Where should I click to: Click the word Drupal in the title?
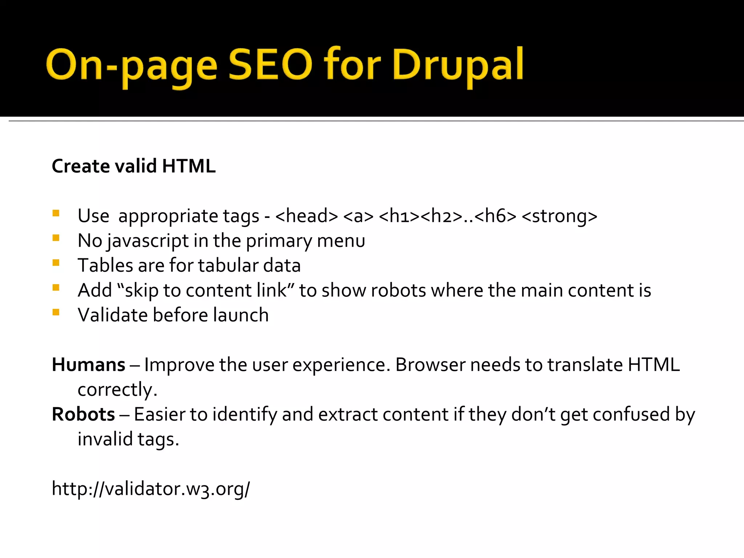(458, 65)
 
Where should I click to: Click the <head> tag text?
(307, 216)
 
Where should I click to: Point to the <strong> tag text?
(559, 216)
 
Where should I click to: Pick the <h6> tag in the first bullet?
(495, 216)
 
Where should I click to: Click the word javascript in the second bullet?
(148, 241)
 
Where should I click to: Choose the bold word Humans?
(89, 365)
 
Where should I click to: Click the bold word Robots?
(84, 415)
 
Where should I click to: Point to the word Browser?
(430, 365)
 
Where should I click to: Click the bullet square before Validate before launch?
(56, 312)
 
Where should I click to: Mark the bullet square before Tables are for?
(56, 263)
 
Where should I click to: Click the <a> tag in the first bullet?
(358, 216)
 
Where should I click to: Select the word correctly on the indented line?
(117, 390)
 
